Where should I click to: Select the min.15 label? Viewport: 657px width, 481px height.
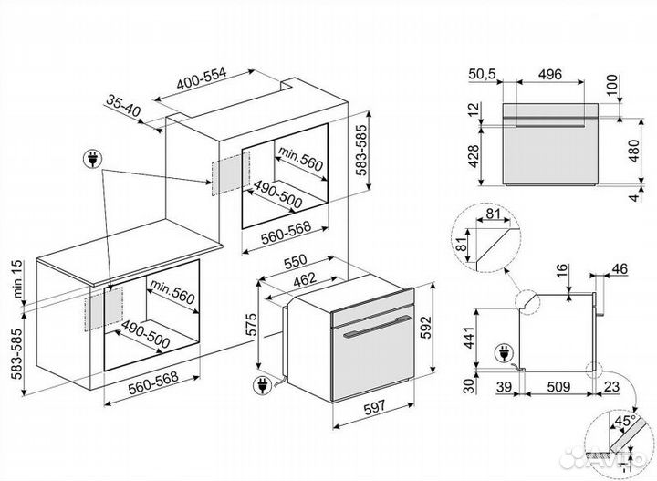pyautogui.click(x=16, y=280)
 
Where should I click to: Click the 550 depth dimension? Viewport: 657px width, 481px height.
pyautogui.click(x=294, y=263)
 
